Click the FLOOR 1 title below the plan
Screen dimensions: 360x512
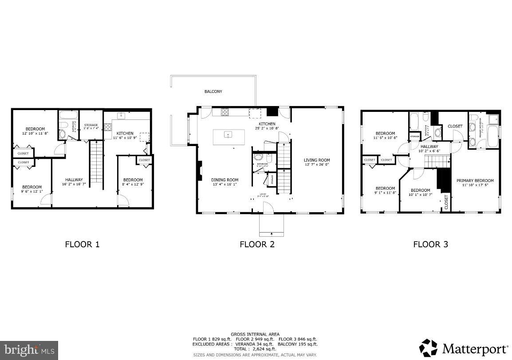[x=83, y=244]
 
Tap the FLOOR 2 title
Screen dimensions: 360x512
[x=257, y=244]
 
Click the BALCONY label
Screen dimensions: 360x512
[x=213, y=91]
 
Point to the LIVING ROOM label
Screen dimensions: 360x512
[x=317, y=160]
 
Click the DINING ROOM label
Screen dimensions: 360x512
[x=224, y=180]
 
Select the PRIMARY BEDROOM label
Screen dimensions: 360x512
[x=475, y=181]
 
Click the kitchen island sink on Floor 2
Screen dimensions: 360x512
[x=228, y=134]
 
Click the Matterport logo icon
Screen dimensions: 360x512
[x=428, y=348]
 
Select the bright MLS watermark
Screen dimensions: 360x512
[x=29, y=350]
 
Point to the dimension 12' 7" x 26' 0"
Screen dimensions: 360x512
[x=317, y=165]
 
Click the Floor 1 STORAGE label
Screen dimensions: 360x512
[x=91, y=125]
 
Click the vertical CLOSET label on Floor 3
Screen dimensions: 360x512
[x=446, y=202]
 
